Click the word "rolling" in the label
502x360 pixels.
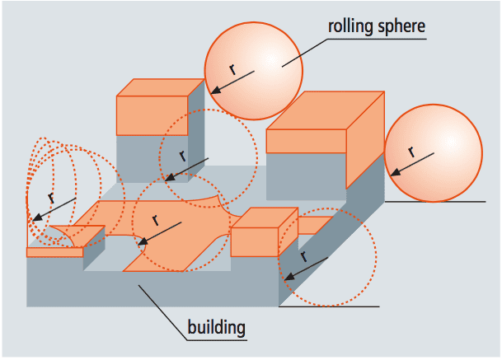(x=350, y=26)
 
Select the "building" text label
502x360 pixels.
(x=217, y=327)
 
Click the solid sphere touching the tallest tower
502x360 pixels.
(x=254, y=71)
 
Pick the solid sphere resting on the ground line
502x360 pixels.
(x=434, y=153)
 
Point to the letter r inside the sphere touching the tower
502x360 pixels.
(x=232, y=69)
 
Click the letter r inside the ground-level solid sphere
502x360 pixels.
(x=411, y=152)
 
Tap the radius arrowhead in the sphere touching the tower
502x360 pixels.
(x=216, y=91)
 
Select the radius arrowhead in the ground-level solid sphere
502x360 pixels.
(x=396, y=172)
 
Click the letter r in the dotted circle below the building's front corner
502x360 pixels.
(x=303, y=256)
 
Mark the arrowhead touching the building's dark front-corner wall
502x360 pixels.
(x=289, y=277)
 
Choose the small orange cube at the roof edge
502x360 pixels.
(x=265, y=232)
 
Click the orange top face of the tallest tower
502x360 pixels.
(x=161, y=87)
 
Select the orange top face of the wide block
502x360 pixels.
(x=326, y=110)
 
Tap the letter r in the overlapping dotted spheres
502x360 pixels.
(x=51, y=199)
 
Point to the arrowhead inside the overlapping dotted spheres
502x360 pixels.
(x=37, y=217)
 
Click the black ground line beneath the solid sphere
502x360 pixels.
(x=435, y=202)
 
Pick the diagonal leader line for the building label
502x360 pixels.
(x=162, y=312)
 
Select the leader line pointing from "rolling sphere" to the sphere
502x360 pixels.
(x=305, y=53)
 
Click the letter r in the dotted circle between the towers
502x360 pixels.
(x=182, y=156)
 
